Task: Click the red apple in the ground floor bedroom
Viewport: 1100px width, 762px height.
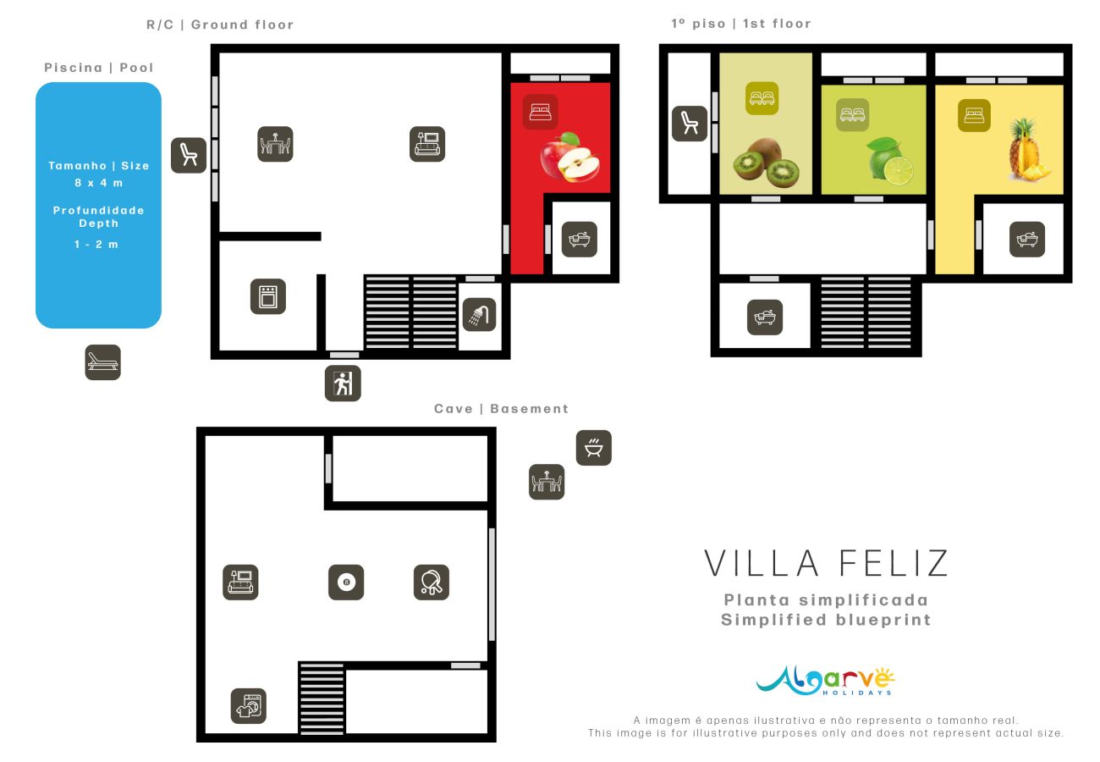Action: (570, 157)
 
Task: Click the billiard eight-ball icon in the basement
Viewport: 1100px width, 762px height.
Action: (346, 583)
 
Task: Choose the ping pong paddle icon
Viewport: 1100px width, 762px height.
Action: (432, 583)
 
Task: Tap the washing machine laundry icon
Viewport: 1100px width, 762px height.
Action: (249, 705)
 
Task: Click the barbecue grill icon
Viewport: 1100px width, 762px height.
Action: (594, 447)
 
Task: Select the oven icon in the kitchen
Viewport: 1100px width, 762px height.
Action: (267, 296)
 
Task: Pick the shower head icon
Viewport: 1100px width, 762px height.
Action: (479, 314)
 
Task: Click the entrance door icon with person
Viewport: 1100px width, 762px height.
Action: (343, 384)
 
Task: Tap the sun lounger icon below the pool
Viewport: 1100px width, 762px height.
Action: (102, 362)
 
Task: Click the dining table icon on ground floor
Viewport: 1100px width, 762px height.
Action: (275, 144)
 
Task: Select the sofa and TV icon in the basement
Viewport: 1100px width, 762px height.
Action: (240, 583)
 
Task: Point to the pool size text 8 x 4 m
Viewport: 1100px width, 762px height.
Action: (98, 182)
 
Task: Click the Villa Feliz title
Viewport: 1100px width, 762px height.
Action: (826, 563)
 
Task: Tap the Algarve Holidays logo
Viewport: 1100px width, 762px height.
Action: (825, 680)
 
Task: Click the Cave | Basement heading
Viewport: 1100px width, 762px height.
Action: (501, 409)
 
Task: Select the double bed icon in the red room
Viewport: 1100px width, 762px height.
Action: (540, 112)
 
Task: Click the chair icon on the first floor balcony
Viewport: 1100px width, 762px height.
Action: (690, 124)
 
